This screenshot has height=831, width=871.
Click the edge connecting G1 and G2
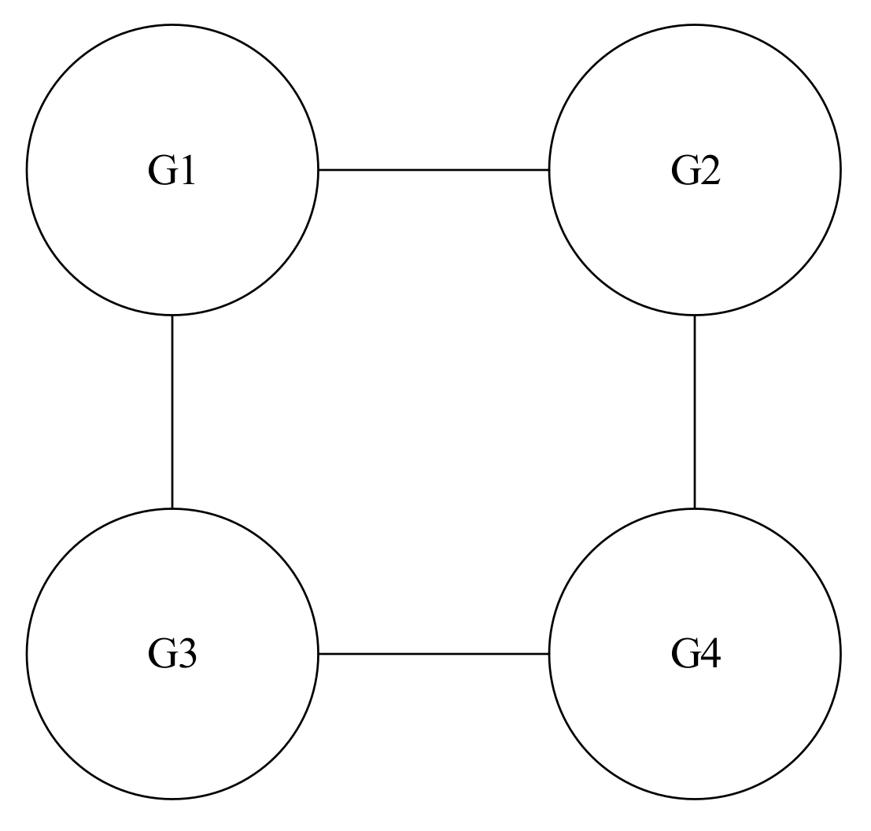434,169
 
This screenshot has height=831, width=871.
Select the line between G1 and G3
172,412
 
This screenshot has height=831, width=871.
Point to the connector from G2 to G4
695,412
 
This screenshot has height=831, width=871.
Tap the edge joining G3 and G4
434,653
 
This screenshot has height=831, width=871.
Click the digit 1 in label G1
186,171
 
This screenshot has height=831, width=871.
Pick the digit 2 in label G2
708,171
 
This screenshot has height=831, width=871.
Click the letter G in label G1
161,171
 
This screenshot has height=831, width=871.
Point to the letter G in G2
684,171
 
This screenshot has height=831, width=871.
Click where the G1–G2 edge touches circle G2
549,169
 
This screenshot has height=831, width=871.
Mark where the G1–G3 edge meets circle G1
172,315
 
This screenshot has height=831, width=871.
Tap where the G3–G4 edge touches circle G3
318,653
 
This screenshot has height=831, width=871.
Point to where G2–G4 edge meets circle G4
695,508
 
